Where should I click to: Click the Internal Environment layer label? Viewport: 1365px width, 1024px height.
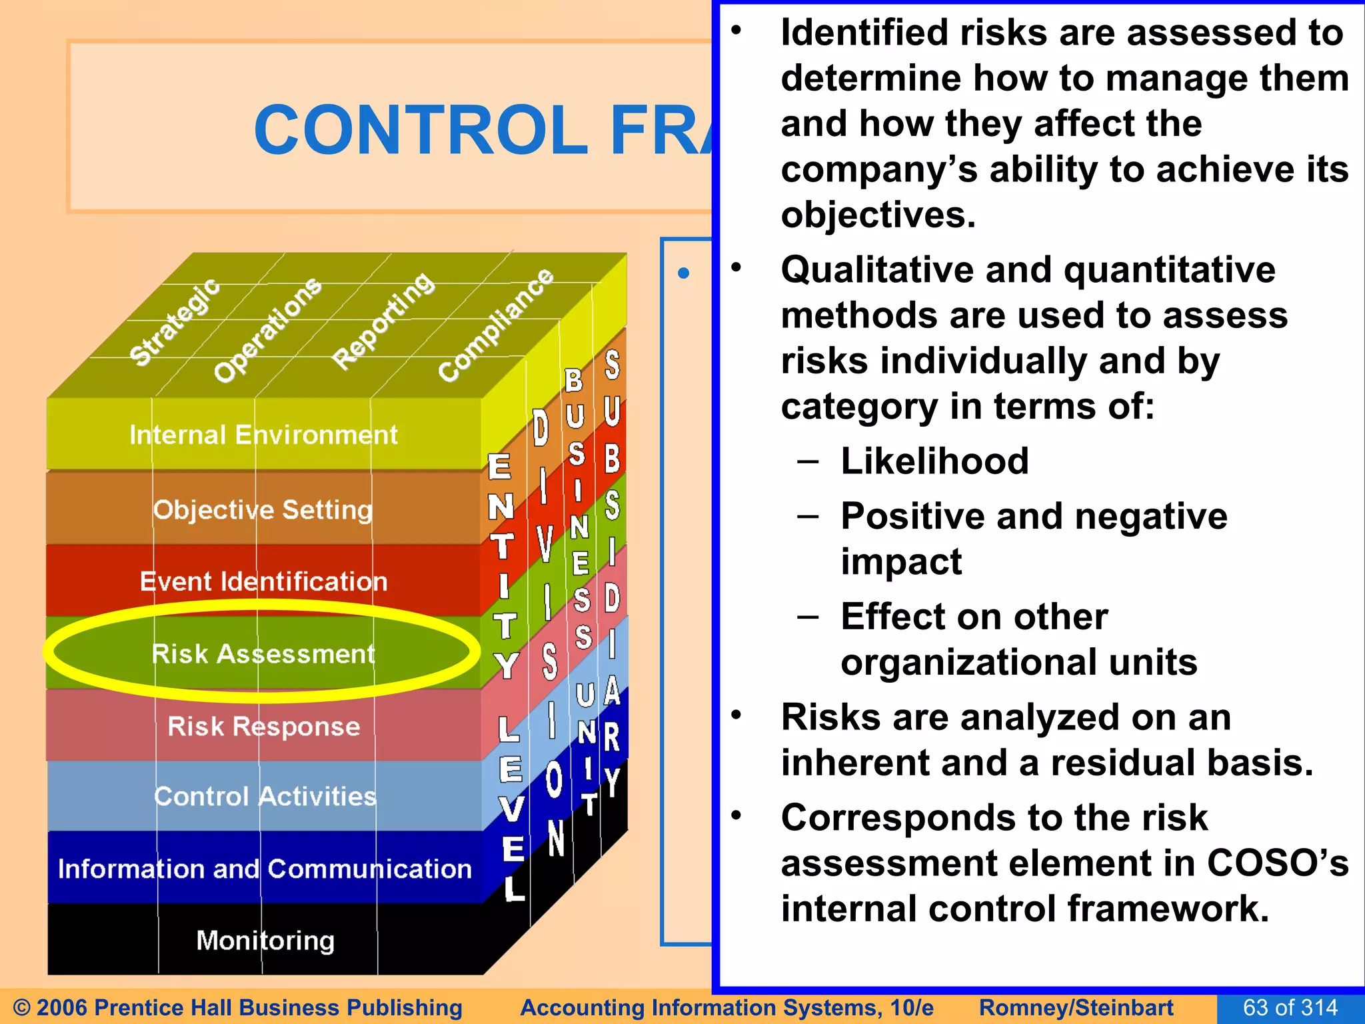click(263, 435)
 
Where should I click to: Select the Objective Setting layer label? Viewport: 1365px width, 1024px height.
click(263, 510)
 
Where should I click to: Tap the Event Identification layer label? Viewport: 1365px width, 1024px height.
click(263, 581)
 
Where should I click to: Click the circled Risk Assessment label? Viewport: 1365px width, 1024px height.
click(263, 653)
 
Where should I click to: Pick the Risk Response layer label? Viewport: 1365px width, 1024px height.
click(263, 726)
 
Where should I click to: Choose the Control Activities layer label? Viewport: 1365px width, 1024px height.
click(265, 797)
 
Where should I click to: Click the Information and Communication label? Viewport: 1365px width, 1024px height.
click(265, 869)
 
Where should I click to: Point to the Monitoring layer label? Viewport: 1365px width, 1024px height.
click(265, 941)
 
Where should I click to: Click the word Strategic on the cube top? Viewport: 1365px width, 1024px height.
click(175, 322)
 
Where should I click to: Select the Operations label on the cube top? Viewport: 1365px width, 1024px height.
click(267, 330)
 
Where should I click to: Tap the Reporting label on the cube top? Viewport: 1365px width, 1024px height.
click(383, 321)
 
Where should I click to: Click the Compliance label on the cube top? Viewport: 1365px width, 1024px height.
click(496, 325)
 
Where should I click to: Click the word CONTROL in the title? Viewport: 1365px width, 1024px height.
click(421, 130)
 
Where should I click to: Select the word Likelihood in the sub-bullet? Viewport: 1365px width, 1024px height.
click(934, 461)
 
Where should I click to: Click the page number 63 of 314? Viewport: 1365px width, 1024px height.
click(1290, 1007)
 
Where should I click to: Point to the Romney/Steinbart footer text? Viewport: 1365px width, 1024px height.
click(1076, 1007)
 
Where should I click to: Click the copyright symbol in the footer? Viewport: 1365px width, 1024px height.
click(22, 1007)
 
